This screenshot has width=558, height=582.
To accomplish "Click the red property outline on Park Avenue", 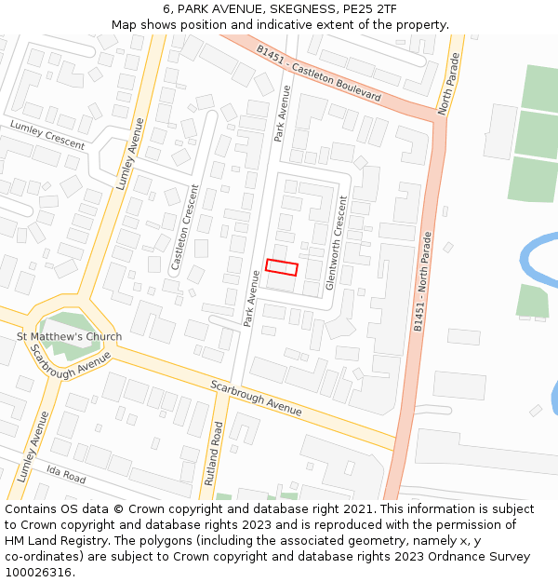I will point(281,267).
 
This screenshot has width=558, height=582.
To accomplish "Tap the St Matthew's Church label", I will point(69,336).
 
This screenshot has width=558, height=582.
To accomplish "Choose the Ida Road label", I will point(66,476).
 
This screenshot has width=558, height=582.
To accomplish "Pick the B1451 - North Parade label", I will point(423,281).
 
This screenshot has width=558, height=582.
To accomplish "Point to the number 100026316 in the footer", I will point(39,572).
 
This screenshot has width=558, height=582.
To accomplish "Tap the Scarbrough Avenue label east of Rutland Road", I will point(256,398).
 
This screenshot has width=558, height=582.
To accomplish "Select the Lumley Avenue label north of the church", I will point(130,154).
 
